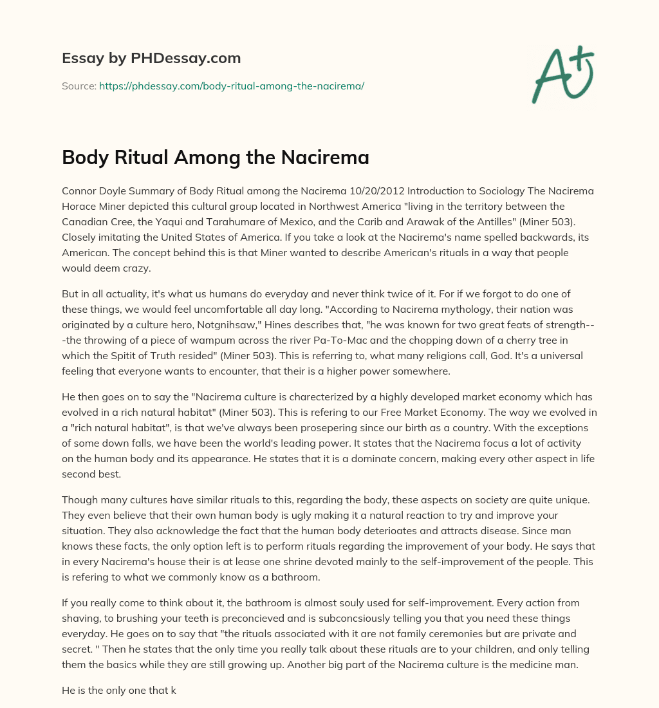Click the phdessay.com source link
[x=232, y=86]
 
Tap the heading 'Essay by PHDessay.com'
[x=151, y=59]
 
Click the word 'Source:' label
[x=79, y=86]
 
